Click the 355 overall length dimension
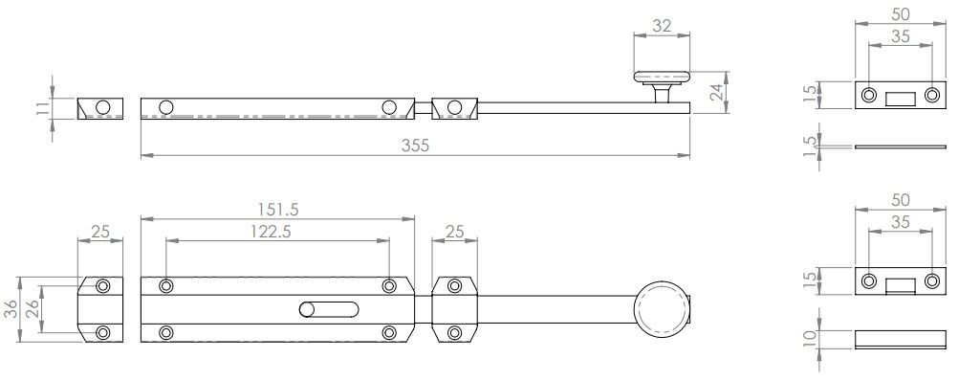click(x=416, y=146)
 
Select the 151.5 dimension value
click(x=278, y=210)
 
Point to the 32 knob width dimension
click(x=662, y=26)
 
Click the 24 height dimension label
click(x=718, y=92)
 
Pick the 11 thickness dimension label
click(x=42, y=109)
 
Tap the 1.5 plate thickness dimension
click(x=810, y=146)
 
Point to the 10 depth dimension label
click(x=810, y=340)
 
